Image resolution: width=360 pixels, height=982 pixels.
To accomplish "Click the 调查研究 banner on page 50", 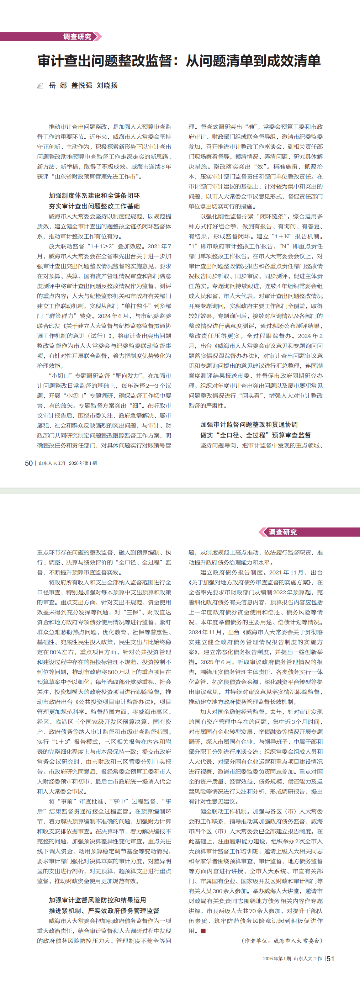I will coord(77,37).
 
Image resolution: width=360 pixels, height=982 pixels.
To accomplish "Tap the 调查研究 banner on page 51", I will coord(282,532).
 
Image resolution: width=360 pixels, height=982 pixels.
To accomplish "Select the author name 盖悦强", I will coord(81,85).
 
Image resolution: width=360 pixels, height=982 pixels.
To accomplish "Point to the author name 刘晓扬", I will coord(107,85).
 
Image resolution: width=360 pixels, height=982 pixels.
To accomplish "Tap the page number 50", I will coord(28,463).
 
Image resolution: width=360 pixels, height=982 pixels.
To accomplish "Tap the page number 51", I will coord(330,959).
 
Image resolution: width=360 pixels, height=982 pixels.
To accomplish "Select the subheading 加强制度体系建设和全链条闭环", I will coord(94,196).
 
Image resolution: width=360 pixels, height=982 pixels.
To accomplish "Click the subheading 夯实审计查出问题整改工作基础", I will coord(94,206).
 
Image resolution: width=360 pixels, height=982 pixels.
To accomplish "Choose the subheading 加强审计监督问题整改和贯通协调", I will coord(249,424).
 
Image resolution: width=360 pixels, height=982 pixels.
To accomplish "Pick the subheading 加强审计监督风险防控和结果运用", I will coord(97,900).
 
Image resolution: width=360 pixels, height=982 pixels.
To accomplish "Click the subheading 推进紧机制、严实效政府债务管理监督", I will coord(104,911).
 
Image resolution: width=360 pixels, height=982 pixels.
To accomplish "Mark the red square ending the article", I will coord(203,931).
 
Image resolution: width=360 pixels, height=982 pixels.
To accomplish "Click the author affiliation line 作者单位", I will coord(282,941).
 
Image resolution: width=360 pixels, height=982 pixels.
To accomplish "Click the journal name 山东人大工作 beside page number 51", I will coord(308,959).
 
